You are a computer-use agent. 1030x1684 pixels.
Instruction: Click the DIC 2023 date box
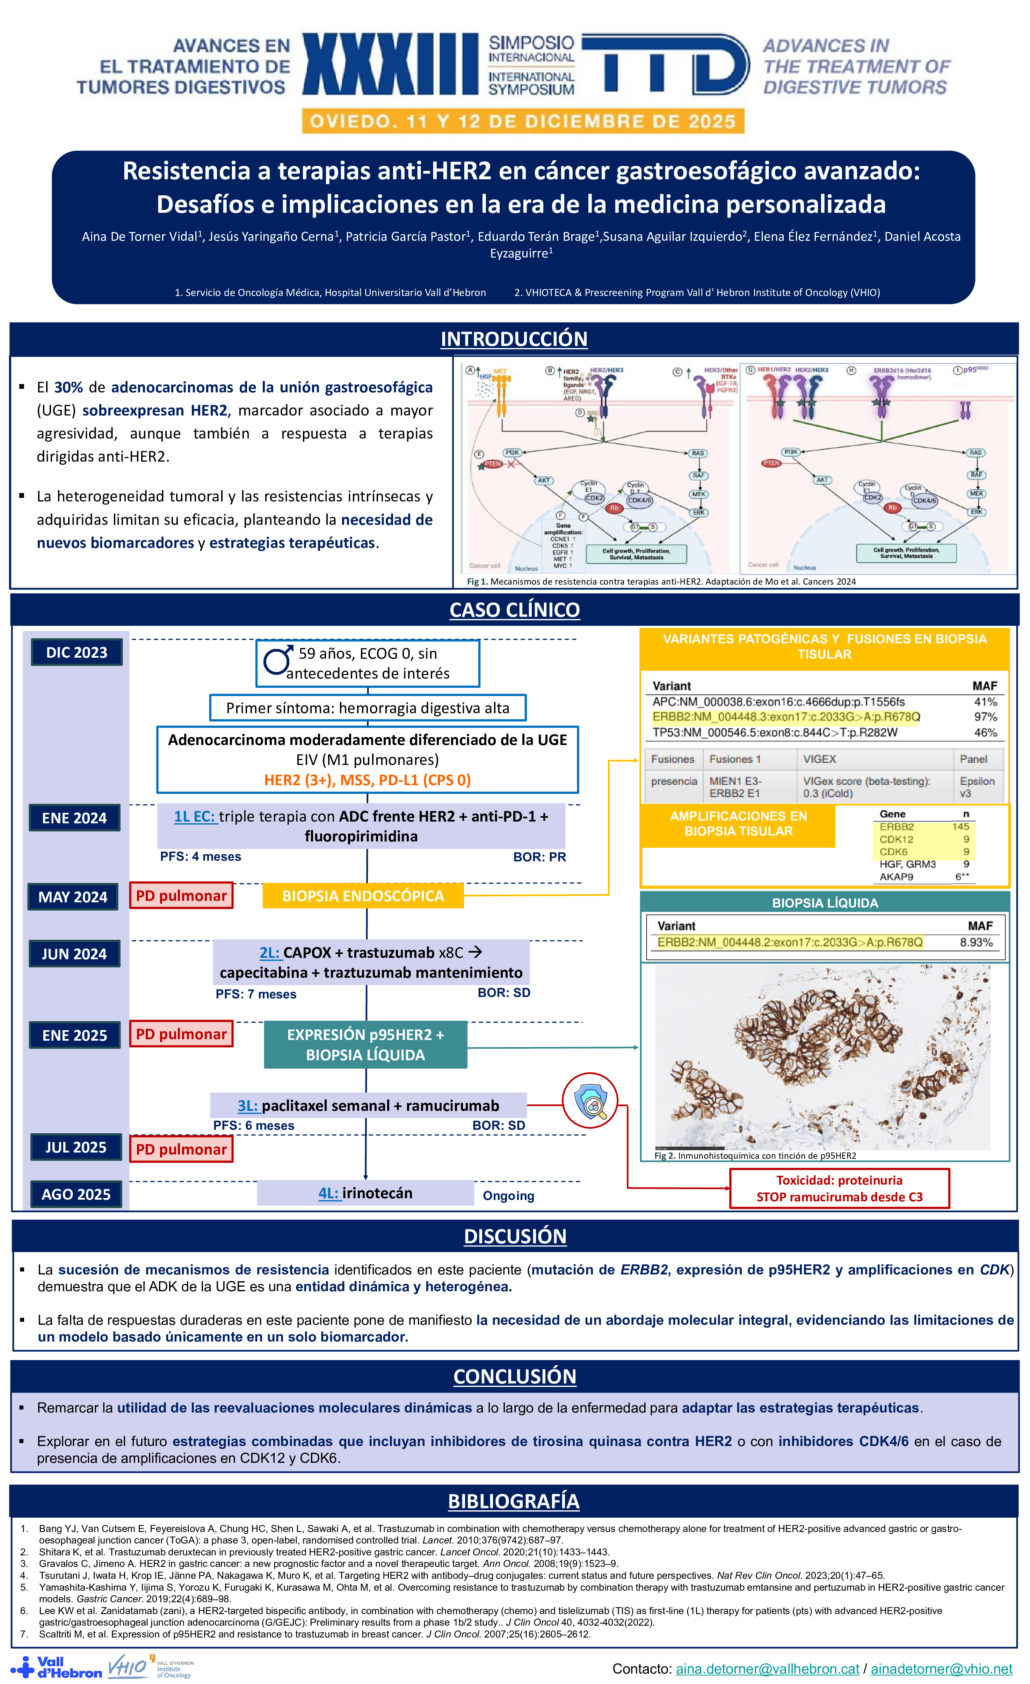point(76,652)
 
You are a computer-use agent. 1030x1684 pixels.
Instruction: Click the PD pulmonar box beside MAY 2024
point(181,895)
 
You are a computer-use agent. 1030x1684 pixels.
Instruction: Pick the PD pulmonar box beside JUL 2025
point(181,1149)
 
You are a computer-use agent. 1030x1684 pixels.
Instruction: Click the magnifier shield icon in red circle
point(590,1101)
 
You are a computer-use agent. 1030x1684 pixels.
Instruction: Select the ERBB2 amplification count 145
point(960,826)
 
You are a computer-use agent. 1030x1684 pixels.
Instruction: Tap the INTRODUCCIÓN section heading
point(514,339)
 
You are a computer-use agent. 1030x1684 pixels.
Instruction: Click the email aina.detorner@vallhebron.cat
point(767,1668)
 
